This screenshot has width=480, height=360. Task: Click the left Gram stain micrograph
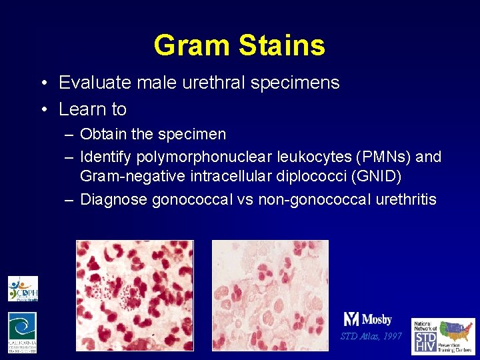pos(135,295)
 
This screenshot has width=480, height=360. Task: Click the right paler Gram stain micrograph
pos(270,295)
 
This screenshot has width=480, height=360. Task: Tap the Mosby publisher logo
pos(368,319)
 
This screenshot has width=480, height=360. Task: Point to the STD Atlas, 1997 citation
pos(371,336)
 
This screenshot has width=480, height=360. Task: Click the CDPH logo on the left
pos(23,289)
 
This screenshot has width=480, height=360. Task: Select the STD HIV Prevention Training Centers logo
pos(443,336)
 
